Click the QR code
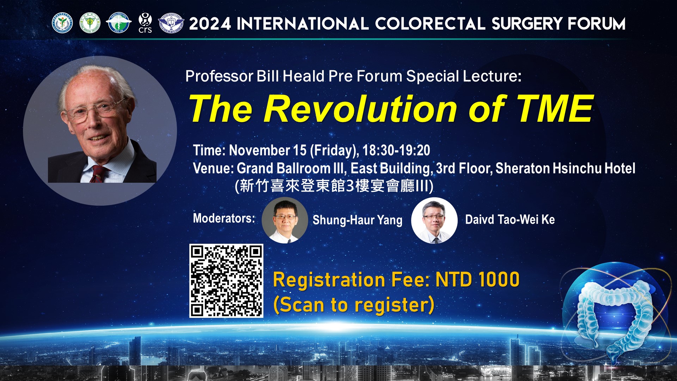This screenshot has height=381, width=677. click(x=226, y=280)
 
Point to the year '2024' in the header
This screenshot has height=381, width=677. click(x=210, y=24)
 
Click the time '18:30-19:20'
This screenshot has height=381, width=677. click(x=396, y=150)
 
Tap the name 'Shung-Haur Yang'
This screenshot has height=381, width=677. click(x=357, y=220)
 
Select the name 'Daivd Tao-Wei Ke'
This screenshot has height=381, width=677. click(x=510, y=219)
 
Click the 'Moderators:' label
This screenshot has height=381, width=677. click(x=224, y=218)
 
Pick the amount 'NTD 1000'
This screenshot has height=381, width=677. click(x=477, y=280)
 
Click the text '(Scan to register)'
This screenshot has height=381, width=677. click(x=354, y=305)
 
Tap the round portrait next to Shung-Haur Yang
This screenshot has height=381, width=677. click(x=285, y=220)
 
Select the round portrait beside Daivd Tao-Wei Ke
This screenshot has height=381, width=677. click(x=434, y=220)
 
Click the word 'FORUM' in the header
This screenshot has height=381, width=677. click(x=596, y=24)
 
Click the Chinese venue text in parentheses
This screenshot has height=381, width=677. click(x=334, y=186)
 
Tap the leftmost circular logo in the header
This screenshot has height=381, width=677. click(x=62, y=23)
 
